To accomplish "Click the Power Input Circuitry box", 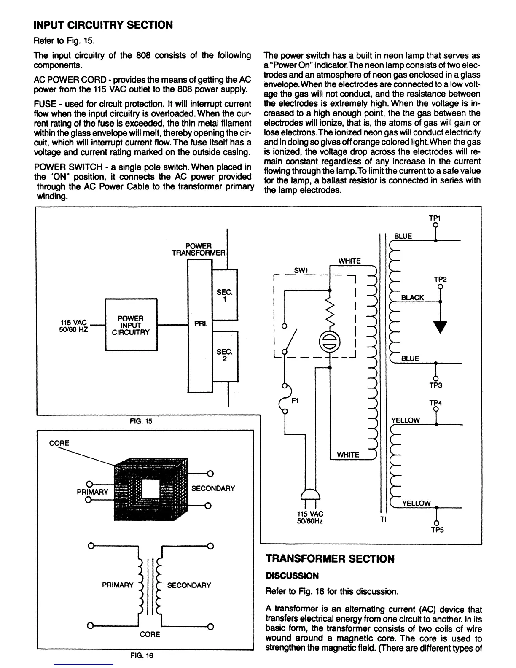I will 131,325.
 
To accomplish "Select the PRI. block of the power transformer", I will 199,325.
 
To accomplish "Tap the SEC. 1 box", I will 225,295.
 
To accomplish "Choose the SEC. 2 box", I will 225,355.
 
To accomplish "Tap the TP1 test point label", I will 434,218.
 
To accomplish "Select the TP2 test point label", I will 440,280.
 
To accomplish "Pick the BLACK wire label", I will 412,298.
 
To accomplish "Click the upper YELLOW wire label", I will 406,420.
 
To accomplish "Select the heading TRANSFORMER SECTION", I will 330,559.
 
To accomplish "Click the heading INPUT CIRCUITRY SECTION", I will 103,25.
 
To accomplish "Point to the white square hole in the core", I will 150,489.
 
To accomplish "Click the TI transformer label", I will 383,520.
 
